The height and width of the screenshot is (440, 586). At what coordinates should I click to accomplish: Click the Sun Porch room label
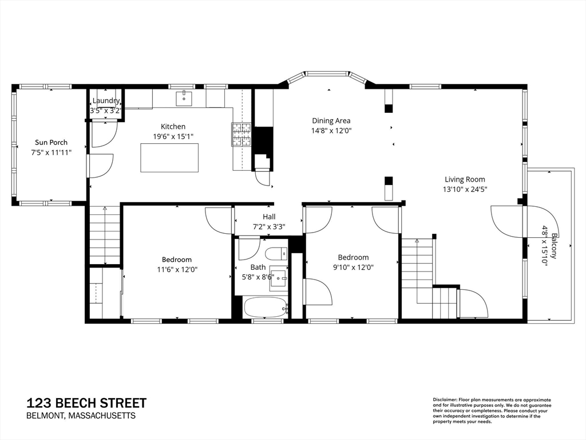[x=51, y=142]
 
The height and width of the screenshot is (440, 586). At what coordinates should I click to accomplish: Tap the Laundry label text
[x=106, y=101]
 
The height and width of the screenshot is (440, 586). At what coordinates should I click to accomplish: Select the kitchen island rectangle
[x=169, y=158]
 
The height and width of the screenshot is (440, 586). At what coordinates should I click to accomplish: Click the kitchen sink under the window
[x=184, y=98]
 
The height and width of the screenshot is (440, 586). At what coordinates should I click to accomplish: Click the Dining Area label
[x=331, y=120]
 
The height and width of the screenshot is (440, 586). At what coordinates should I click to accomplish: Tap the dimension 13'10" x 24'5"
[x=465, y=189]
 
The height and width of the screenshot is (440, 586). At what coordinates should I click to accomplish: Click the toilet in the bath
[x=276, y=254]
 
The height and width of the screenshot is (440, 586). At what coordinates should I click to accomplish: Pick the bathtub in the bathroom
[x=266, y=308]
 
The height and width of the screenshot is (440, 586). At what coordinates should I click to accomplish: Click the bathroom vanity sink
[x=279, y=278]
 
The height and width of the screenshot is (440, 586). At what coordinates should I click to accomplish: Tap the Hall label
[x=269, y=217]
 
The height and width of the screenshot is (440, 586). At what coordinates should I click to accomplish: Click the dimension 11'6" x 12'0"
[x=177, y=269]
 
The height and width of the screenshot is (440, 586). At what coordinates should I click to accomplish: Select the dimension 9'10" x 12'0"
[x=353, y=267]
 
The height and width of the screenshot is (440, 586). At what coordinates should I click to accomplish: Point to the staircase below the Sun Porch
[x=105, y=235]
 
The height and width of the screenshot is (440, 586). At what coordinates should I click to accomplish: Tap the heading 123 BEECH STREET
[x=87, y=403]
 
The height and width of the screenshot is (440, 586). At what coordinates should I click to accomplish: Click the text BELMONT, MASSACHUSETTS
[x=81, y=416]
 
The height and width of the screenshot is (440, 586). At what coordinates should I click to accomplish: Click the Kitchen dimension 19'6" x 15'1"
[x=173, y=136]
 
